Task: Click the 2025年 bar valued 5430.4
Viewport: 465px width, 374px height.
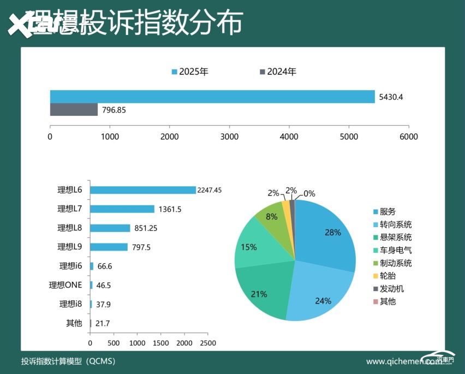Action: tap(212, 97)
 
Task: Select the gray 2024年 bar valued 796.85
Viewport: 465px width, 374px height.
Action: tap(74, 109)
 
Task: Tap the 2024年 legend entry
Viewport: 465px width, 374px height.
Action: tap(278, 72)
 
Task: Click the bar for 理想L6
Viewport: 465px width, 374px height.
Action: tap(143, 190)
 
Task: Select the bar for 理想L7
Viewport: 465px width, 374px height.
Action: tap(122, 209)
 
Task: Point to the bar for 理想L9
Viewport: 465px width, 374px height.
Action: tap(109, 247)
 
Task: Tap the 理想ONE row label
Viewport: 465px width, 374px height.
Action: tap(65, 285)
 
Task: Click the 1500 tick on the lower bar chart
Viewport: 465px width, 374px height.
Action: tap(161, 343)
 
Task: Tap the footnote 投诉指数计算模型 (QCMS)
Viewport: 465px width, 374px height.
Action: tap(68, 361)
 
